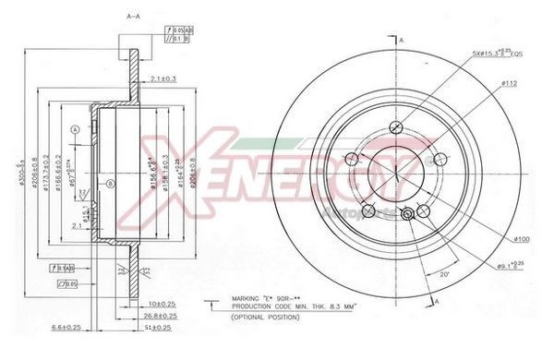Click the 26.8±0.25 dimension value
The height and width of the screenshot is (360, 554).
click(x=162, y=315)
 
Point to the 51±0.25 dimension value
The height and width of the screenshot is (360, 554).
click(x=162, y=326)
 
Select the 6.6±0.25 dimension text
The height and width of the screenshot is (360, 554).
click(x=66, y=326)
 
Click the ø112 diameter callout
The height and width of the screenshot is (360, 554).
click(x=510, y=83)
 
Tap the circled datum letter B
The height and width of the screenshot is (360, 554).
click(x=110, y=185)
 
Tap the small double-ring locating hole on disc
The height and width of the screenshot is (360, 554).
click(x=409, y=214)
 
